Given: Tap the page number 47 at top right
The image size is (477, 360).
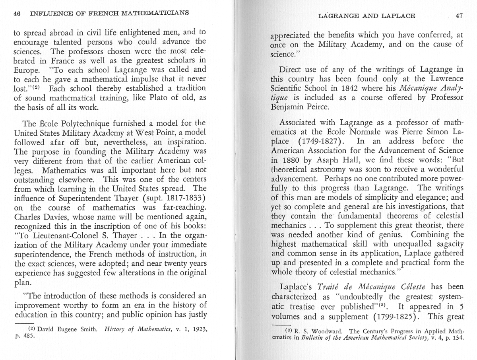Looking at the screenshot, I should (459, 16).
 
